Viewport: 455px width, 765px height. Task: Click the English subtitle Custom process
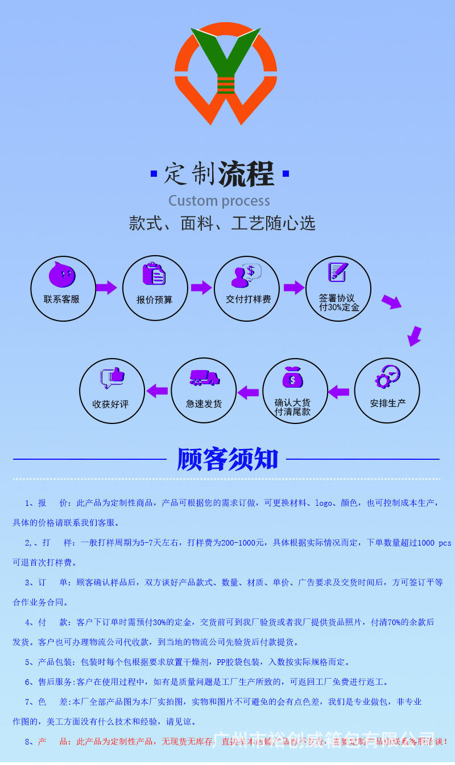click(x=219, y=201)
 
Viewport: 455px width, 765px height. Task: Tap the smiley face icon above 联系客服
click(x=62, y=275)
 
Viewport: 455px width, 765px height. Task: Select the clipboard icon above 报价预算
click(x=154, y=273)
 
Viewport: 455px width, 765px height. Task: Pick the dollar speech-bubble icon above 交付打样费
click(x=246, y=275)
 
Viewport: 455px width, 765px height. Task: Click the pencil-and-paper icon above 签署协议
click(x=338, y=271)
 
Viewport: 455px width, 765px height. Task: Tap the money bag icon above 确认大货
click(x=293, y=377)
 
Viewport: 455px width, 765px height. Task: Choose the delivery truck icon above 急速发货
click(x=204, y=378)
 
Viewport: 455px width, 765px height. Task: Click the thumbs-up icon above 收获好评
click(x=111, y=377)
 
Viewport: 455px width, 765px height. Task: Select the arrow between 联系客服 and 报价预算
click(x=106, y=288)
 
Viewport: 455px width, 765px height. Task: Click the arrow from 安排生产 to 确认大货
click(x=339, y=392)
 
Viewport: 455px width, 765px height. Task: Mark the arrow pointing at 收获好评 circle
click(x=158, y=391)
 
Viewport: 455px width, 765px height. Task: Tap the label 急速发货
click(x=204, y=404)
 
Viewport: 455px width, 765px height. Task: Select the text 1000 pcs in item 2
click(x=434, y=543)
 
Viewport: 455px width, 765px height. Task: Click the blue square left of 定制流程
click(x=154, y=173)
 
